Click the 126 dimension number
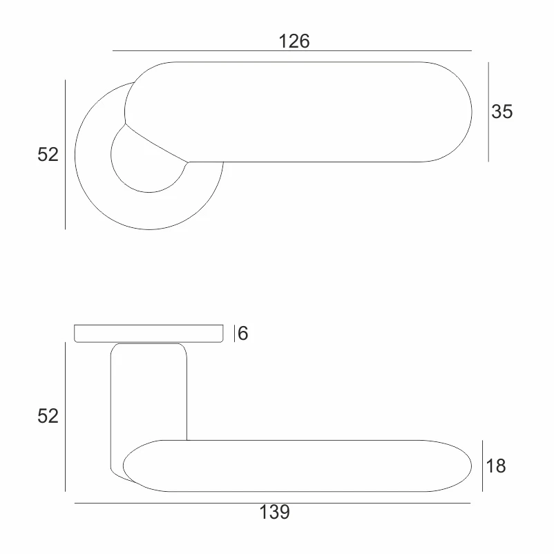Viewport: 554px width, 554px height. pyautogui.click(x=294, y=41)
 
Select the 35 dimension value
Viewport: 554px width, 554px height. pyautogui.click(x=502, y=112)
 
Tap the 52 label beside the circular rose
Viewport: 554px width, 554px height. pyautogui.click(x=48, y=155)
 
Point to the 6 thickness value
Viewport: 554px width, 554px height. pyautogui.click(x=243, y=333)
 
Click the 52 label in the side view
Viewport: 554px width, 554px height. pyautogui.click(x=48, y=416)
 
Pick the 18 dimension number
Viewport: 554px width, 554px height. pyautogui.click(x=496, y=466)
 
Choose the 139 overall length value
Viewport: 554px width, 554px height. pyautogui.click(x=274, y=512)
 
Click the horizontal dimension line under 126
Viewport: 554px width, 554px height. pyautogui.click(x=292, y=50)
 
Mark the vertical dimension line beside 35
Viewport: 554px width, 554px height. pyautogui.click(x=488, y=112)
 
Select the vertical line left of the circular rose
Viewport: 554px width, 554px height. pyautogui.click(x=66, y=155)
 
